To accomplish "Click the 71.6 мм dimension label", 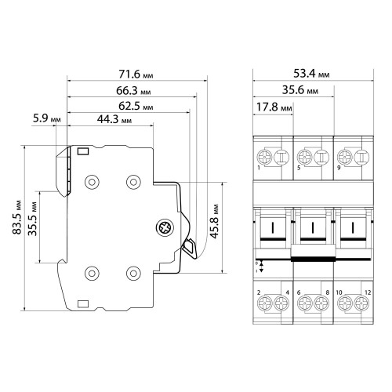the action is coord(136,74).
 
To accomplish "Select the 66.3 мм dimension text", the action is coord(133,91).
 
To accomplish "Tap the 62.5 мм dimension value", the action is coord(136,106).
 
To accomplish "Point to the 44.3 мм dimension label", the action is coord(114,119).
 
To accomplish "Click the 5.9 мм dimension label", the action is coord(47,118).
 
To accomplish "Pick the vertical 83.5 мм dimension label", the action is coord(17,217).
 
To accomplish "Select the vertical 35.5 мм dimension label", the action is coord(33,219).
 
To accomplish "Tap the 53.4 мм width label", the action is coord(311,74).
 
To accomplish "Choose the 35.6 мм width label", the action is coord(300,90).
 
